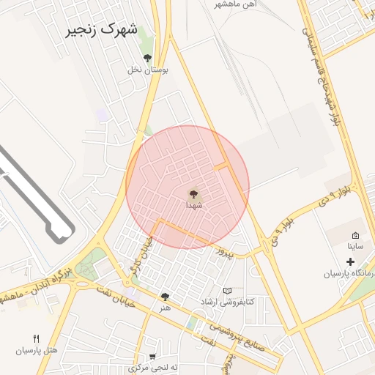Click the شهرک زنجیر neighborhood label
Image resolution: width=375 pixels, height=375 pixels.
(x=102, y=30)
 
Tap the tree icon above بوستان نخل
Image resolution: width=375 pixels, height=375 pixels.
(x=147, y=58)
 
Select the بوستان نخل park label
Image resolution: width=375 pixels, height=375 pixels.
(x=148, y=70)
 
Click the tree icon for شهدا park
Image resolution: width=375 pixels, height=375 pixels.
(x=194, y=194)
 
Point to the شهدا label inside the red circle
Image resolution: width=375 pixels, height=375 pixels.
(x=194, y=206)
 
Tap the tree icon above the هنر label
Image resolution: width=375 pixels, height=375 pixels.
(x=165, y=297)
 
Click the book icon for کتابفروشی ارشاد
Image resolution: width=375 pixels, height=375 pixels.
(x=226, y=291)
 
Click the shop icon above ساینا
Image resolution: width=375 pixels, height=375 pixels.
(x=355, y=235)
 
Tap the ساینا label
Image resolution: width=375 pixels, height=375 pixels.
(x=355, y=247)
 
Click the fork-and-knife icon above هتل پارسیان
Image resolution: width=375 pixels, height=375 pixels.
(x=36, y=338)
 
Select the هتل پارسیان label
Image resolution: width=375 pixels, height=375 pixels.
(x=37, y=350)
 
